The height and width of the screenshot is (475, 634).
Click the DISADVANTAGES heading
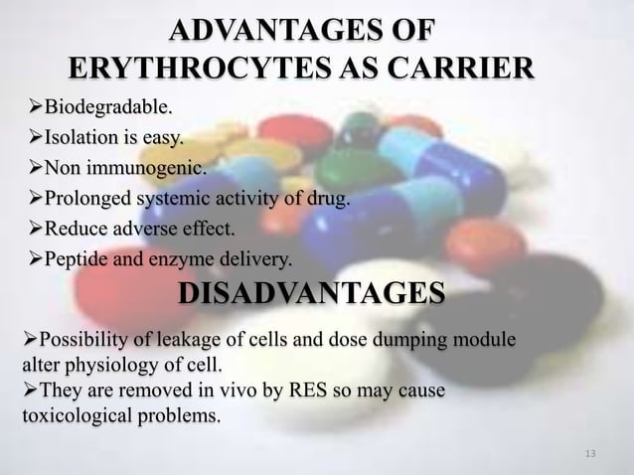click(x=311, y=294)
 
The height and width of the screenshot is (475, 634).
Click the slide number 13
click(x=591, y=455)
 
